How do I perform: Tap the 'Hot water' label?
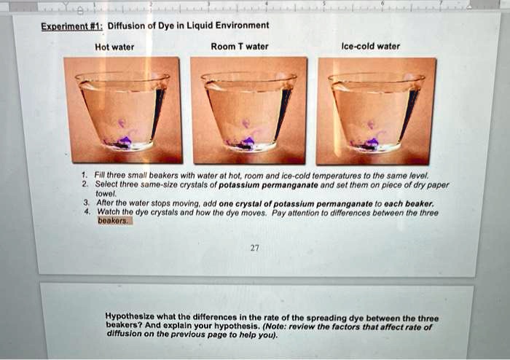[114, 47]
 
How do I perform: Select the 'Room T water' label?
[239, 47]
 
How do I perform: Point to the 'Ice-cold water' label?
[370, 47]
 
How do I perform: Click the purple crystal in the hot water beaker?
[123, 141]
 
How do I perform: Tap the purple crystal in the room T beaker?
[248, 141]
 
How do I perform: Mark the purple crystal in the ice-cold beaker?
[373, 142]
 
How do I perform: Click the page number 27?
[254, 248]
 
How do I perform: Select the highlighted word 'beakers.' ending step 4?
[114, 219]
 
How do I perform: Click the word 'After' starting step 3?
[107, 203]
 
